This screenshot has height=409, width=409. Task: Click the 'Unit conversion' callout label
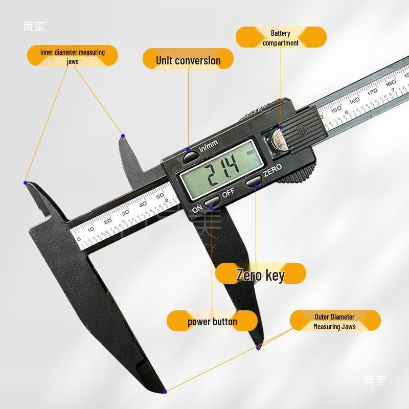click(188, 60)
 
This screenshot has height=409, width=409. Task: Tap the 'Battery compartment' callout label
click(281, 38)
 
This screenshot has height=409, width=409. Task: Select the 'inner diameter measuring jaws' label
click(72, 56)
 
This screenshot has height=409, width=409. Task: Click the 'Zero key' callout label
click(260, 275)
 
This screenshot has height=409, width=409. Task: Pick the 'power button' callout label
click(212, 322)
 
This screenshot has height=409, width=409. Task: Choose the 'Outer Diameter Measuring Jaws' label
click(335, 322)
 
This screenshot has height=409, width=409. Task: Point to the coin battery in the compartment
click(279, 138)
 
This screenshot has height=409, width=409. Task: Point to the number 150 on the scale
click(336, 108)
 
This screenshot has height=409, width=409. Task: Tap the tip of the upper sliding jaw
click(123, 135)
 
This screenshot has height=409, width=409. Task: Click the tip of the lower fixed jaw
click(165, 392)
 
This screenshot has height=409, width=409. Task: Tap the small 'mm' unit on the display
click(251, 152)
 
